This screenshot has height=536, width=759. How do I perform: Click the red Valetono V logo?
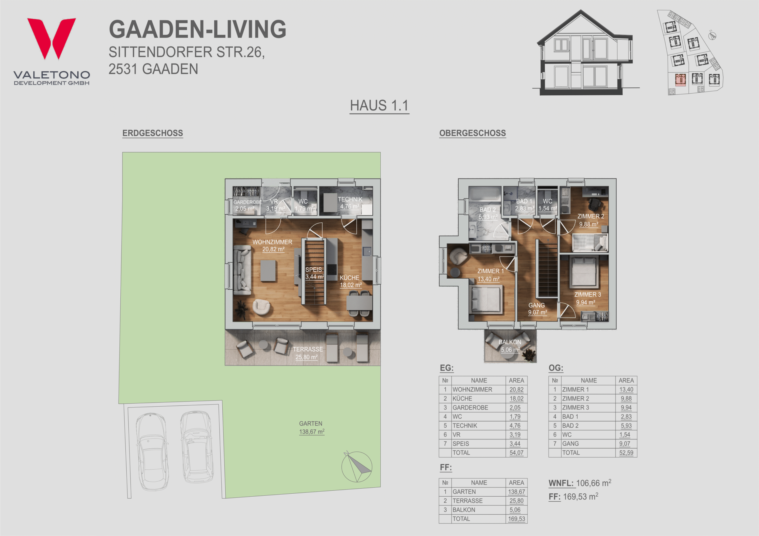pos(52,38)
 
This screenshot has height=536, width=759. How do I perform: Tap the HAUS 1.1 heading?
pos(379,106)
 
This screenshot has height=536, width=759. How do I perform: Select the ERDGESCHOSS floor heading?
pos(153,133)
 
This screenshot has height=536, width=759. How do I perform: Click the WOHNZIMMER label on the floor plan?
pos(272,242)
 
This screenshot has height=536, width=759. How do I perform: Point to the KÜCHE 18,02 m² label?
pos(350,281)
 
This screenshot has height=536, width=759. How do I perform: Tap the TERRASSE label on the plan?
pos(308,349)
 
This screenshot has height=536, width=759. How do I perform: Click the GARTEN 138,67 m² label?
pos(311,428)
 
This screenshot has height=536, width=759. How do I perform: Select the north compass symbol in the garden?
pos(357,467)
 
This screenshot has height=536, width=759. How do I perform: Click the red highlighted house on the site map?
pos(680,80)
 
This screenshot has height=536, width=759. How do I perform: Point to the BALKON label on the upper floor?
pos(510,342)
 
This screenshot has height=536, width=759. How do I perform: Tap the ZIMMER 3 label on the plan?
pos(587,295)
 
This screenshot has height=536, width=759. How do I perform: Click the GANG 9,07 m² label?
pos(537,309)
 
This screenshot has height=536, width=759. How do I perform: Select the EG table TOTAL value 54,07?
pos(516,453)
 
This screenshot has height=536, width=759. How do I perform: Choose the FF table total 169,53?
pos(516,519)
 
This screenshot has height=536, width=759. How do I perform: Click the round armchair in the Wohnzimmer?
pos(261,307)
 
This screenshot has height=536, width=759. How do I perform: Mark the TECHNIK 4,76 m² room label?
pos(350,203)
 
